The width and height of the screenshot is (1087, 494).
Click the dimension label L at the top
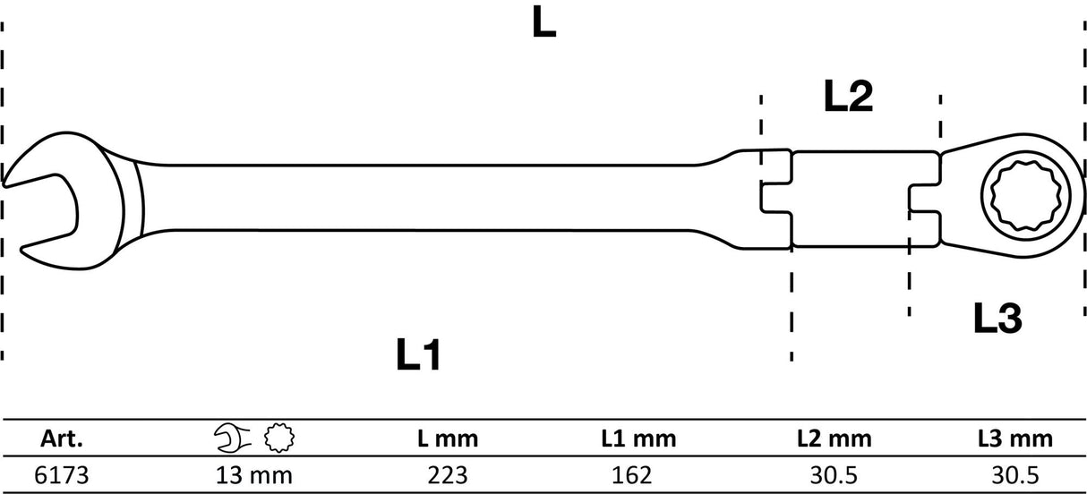point(543,21)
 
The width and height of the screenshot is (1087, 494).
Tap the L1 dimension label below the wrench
point(419,355)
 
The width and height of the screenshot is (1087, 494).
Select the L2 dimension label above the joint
point(848,97)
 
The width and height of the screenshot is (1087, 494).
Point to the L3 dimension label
point(997,318)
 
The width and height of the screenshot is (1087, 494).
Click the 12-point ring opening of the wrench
point(1025,196)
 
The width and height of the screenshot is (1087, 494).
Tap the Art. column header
point(61,439)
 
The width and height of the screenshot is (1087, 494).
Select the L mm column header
point(448,439)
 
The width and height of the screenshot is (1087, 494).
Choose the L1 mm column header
point(638,439)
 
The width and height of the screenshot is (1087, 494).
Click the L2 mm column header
point(834,439)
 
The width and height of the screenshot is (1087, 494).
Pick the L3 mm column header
point(1015,439)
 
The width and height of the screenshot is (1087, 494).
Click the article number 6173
point(62,475)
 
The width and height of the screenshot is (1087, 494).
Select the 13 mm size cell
point(253,475)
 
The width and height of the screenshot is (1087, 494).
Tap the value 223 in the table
point(448,475)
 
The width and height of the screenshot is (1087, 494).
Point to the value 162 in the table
point(631,475)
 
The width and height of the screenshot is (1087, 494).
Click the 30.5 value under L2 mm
point(834,475)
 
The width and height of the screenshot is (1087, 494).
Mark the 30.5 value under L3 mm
point(1015,475)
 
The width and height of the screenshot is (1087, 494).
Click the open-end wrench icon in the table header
point(233,439)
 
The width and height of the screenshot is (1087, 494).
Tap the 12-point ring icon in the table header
point(279,439)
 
